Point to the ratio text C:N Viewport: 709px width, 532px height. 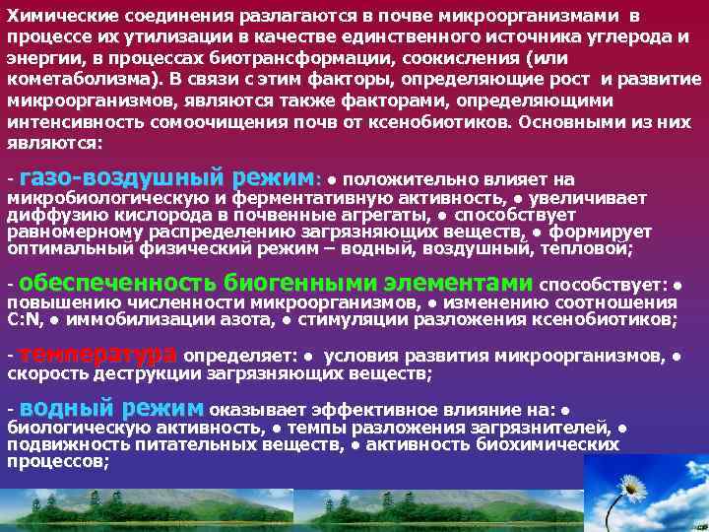tap(26, 320)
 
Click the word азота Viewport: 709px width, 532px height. tap(244, 320)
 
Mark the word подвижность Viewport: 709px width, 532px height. tap(63, 445)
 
